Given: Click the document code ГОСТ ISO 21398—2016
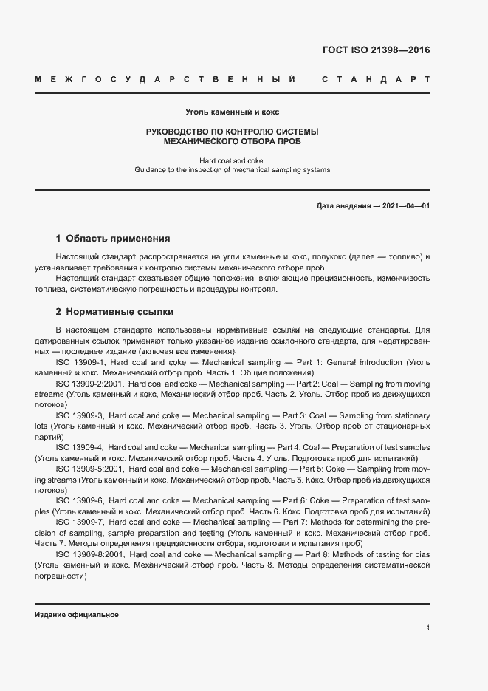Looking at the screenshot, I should point(376,50).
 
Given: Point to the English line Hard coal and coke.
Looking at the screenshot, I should point(232,160).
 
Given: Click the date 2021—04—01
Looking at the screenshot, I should point(405,205).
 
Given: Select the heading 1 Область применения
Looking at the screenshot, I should point(113,239).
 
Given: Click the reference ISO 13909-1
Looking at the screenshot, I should point(80,363).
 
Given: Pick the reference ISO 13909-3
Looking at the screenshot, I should point(80,416).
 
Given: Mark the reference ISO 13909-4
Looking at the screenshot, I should point(80,448).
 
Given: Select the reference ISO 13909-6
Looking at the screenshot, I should point(80,501).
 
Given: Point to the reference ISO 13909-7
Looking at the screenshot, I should point(80,522).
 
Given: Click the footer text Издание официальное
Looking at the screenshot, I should point(76,615).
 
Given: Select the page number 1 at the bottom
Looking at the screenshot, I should point(427,627).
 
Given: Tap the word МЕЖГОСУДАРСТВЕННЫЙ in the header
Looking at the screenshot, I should point(165,78).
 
